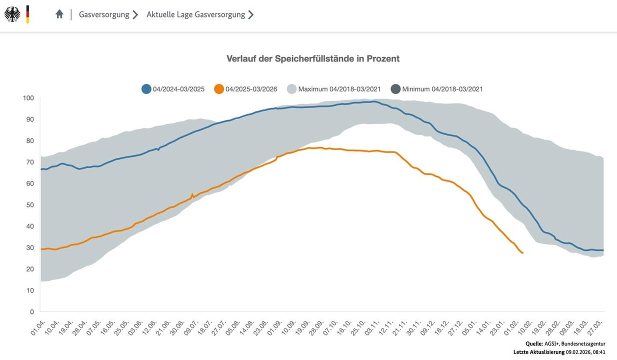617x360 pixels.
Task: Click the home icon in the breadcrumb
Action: click(x=59, y=14)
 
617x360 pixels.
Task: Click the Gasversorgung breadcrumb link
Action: click(x=104, y=14)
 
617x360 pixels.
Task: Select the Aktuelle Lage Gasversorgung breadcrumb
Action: click(x=195, y=14)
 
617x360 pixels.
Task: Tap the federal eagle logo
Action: click(x=12, y=14)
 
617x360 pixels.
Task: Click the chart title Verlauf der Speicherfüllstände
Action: click(x=313, y=58)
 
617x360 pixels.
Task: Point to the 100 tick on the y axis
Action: click(x=28, y=97)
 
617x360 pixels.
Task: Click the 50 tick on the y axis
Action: click(x=29, y=204)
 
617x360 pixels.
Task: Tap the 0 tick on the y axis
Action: click(x=31, y=311)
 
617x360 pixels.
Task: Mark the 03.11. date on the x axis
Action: click(x=371, y=325)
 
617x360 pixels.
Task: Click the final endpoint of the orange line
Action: click(x=522, y=253)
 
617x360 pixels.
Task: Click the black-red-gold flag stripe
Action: click(x=28, y=14)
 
